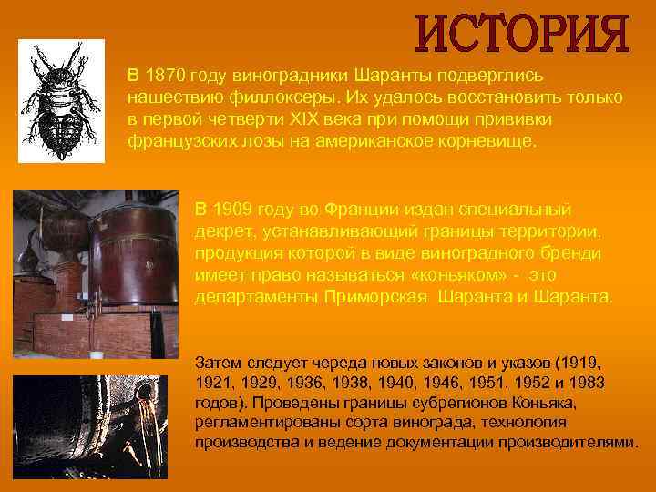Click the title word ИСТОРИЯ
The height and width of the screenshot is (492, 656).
click(x=523, y=33)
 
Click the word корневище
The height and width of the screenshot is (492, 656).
click(x=487, y=143)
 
